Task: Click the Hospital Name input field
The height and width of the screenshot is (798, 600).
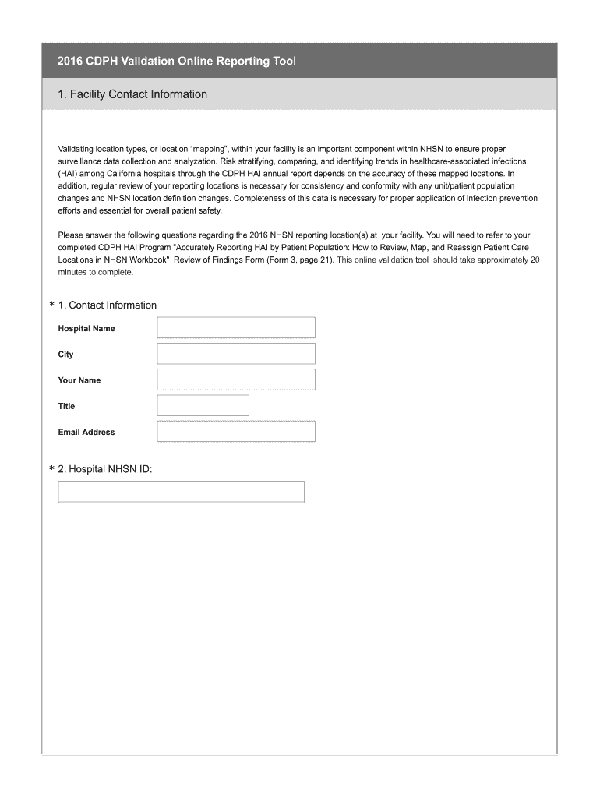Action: point(236,327)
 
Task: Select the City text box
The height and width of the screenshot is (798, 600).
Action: point(236,354)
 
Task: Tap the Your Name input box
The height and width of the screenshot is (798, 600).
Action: point(236,380)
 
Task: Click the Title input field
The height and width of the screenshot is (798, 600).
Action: point(203,405)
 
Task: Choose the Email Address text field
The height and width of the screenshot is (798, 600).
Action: point(236,432)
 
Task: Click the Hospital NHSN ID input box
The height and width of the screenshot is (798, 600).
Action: point(181,492)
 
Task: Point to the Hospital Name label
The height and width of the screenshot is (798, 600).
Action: point(86,329)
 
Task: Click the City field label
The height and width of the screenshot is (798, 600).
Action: point(65,355)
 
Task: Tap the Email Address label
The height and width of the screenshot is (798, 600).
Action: point(86,433)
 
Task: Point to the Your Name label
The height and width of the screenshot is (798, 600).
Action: point(79,380)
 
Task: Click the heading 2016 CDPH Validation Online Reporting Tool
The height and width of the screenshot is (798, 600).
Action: point(176,61)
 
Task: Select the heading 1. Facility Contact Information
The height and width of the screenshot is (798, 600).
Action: point(132,94)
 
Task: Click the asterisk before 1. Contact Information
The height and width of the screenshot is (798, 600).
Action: point(51,306)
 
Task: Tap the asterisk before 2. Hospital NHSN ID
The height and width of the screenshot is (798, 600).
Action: point(51,470)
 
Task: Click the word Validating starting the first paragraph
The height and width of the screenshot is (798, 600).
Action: point(76,148)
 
